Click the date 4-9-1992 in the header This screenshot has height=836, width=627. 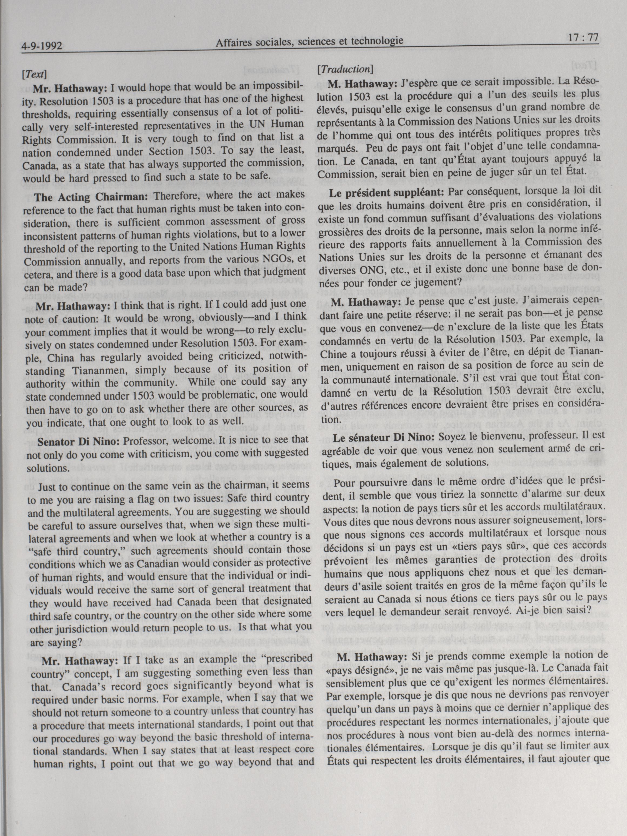click(42, 47)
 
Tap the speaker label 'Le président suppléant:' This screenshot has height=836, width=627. click(386, 192)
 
